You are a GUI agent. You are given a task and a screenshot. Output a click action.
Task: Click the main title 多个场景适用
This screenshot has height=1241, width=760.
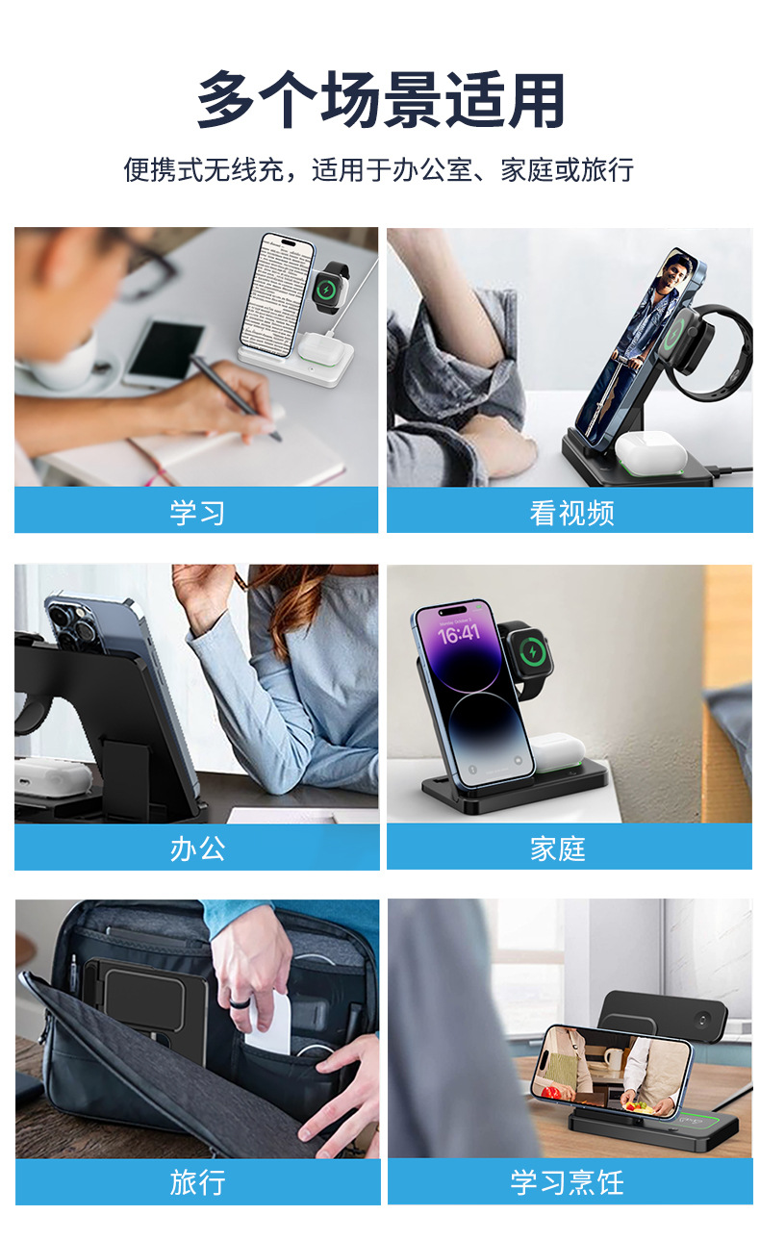[380, 99]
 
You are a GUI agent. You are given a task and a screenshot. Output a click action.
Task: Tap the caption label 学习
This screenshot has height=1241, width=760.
[196, 512]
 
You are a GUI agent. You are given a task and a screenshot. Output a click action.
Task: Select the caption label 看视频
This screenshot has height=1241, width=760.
[570, 512]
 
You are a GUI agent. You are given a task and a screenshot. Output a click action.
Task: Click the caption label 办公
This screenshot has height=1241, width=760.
[196, 848]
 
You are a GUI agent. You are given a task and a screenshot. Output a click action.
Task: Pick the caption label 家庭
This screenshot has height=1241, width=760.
[557, 848]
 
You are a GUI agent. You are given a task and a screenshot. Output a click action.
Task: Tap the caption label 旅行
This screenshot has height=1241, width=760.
[196, 1182]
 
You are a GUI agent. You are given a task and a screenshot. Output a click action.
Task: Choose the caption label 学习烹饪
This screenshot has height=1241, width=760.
[567, 1182]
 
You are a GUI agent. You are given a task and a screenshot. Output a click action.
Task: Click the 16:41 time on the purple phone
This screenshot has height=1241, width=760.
[458, 634]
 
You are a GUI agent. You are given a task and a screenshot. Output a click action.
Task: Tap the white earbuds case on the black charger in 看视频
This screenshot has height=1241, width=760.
[644, 451]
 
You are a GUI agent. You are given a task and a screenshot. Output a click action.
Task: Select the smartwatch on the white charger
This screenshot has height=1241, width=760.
[330, 288]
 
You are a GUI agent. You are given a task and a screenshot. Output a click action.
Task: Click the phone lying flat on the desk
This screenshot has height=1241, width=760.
[164, 353]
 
